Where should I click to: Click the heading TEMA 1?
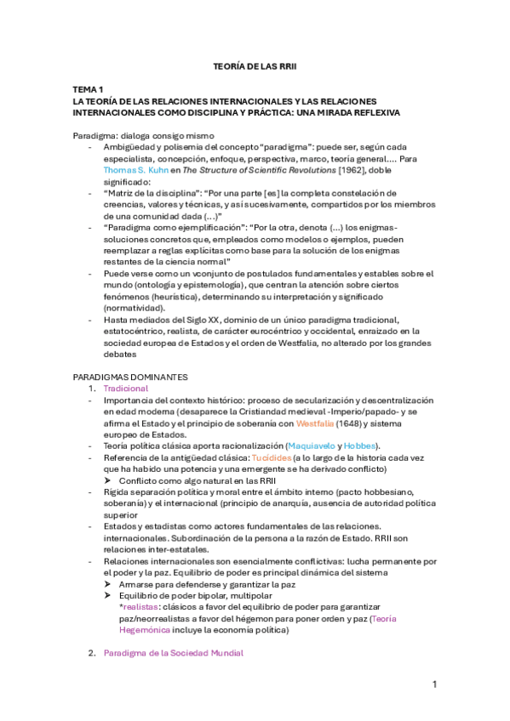click(x=88, y=88)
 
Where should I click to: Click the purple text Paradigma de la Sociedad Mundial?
click(x=173, y=653)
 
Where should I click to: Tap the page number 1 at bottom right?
click(x=434, y=684)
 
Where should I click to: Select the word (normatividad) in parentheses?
click(x=134, y=308)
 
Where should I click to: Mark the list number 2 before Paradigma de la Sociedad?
click(x=92, y=653)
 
